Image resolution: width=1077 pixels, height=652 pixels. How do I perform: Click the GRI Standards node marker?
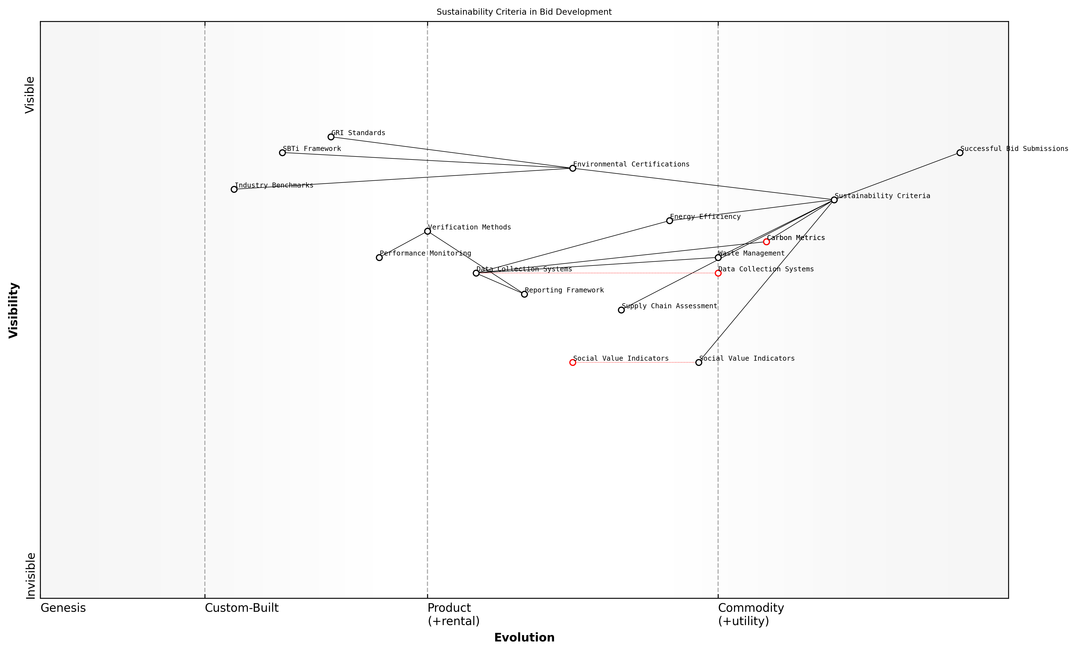click(x=331, y=137)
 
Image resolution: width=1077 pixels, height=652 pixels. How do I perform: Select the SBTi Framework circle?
click(x=282, y=153)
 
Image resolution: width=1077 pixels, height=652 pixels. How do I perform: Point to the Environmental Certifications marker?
click(x=573, y=168)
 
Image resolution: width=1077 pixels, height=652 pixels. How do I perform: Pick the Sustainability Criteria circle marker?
click(x=834, y=200)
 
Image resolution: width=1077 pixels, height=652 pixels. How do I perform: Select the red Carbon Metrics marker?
click(x=766, y=242)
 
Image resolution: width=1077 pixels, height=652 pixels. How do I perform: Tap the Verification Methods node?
click(x=427, y=231)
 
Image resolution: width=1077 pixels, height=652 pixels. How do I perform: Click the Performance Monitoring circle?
click(x=379, y=257)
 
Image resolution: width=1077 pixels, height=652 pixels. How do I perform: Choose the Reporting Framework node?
click(x=525, y=294)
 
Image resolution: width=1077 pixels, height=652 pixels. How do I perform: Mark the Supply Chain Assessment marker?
click(x=621, y=310)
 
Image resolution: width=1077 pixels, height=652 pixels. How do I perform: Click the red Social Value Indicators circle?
click(x=573, y=362)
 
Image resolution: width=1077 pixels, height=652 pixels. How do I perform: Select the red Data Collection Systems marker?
click(x=718, y=273)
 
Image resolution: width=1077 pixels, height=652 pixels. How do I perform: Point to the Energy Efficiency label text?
click(x=705, y=217)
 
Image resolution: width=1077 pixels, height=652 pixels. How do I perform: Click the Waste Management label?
click(x=751, y=254)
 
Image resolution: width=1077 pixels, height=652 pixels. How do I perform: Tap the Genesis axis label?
click(x=63, y=608)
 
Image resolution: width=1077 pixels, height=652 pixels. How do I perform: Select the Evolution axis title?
click(x=524, y=638)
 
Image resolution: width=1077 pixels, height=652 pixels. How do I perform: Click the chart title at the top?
click(x=524, y=12)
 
